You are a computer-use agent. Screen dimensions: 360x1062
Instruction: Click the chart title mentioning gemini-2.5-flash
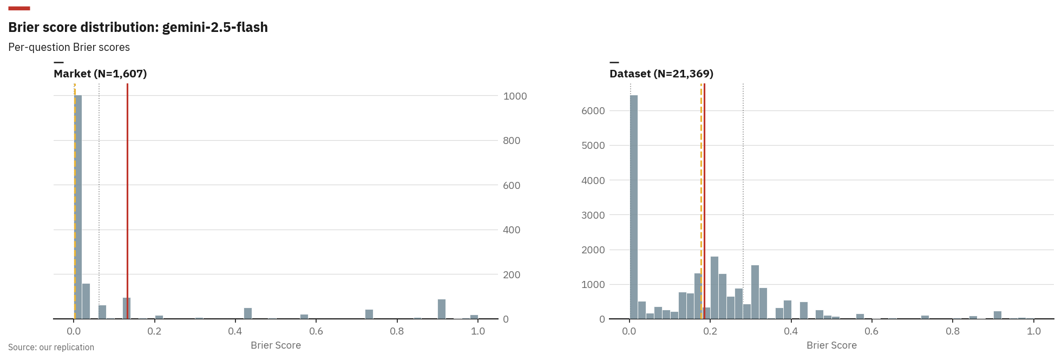(137, 27)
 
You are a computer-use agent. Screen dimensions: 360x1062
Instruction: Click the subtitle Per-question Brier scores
(69, 47)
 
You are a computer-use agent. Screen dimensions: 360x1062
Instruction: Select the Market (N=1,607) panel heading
(100, 74)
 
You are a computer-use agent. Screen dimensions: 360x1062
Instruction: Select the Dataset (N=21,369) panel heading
(661, 74)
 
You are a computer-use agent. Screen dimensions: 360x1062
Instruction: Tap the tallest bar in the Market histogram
(78, 206)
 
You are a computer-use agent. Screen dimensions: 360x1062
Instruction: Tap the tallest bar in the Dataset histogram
(633, 206)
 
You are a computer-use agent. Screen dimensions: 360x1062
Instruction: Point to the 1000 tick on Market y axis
(514, 96)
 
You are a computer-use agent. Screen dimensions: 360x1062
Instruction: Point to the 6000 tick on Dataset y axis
(593, 110)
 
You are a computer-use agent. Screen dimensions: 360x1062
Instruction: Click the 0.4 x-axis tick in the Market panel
(235, 331)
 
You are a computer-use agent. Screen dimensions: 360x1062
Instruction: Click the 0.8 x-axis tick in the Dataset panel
(953, 331)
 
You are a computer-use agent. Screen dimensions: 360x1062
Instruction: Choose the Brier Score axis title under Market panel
(276, 345)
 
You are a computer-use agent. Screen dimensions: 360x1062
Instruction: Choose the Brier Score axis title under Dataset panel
(831, 345)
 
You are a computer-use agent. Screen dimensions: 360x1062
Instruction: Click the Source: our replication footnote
(51, 347)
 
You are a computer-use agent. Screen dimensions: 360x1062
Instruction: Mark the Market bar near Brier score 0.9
(441, 309)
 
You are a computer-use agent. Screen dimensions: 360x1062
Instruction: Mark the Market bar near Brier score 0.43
(248, 313)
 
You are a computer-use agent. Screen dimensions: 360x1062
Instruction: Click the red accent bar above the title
(19, 8)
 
